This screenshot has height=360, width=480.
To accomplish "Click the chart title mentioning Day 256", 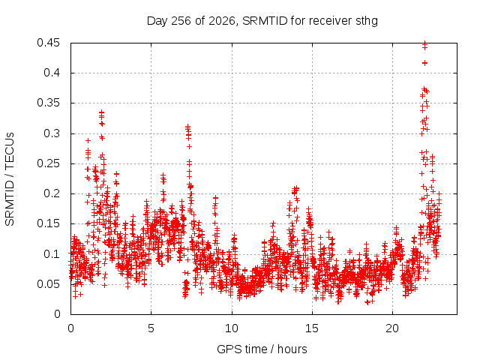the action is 262,21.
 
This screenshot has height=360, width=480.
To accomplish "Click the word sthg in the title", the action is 367,22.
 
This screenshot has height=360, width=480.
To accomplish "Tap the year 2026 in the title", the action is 222,21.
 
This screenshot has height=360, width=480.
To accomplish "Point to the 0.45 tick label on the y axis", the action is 48,43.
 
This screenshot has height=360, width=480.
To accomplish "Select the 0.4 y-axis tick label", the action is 52,73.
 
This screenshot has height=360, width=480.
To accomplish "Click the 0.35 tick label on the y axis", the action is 48,103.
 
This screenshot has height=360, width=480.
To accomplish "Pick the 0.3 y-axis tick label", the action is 52,133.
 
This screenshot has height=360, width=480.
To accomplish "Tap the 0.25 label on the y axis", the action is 48,163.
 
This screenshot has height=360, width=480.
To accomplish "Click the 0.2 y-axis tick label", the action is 52,193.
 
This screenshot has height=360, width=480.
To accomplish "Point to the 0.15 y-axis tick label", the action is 48,223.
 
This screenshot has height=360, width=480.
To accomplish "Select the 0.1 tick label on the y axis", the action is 52,253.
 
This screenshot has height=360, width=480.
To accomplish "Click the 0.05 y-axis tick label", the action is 48,283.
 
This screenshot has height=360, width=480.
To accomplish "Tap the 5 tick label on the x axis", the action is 151,328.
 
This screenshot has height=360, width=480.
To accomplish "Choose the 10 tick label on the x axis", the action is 232,328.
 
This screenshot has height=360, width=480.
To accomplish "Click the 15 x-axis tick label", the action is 312,328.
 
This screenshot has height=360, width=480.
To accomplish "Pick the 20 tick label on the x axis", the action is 392,328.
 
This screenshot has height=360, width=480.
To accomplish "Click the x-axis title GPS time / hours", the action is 262,349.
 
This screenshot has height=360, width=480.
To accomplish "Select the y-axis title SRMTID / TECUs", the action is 10,179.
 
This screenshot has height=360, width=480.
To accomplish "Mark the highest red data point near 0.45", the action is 424,43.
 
